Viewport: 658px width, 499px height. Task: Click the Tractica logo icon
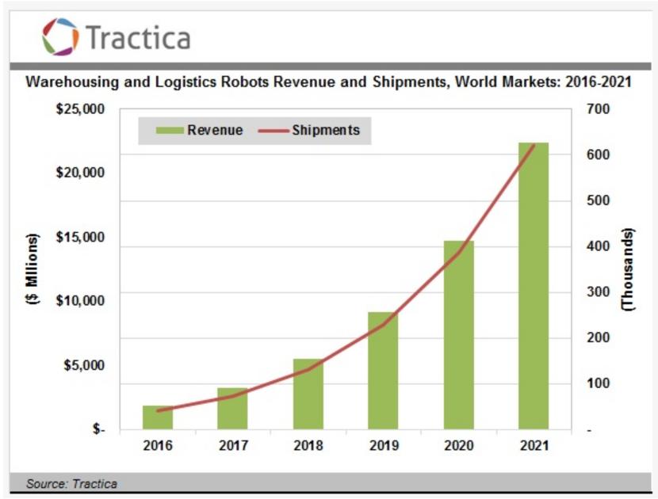(x=60, y=36)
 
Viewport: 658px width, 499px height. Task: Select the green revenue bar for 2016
(x=158, y=417)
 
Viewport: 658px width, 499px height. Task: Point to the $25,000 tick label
(x=80, y=109)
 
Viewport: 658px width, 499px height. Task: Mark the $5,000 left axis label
(x=83, y=365)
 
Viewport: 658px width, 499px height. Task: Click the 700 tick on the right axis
(x=598, y=109)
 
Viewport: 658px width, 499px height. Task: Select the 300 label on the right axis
(x=598, y=291)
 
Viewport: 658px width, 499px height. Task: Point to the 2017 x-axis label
(x=233, y=445)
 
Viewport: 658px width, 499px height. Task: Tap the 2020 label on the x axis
(x=458, y=445)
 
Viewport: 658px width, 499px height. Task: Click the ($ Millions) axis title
(x=33, y=269)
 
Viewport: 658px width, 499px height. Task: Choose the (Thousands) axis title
(x=628, y=269)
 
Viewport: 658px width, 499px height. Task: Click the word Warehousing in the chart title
(x=71, y=82)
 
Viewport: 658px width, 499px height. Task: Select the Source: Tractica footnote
(x=71, y=482)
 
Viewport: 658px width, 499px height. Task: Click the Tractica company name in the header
(x=136, y=37)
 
